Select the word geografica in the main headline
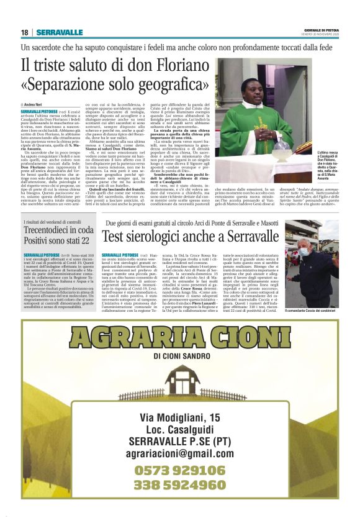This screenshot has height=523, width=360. pyautogui.click(x=174, y=83)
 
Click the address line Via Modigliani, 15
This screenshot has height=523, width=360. pyautogui.click(x=180, y=417)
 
